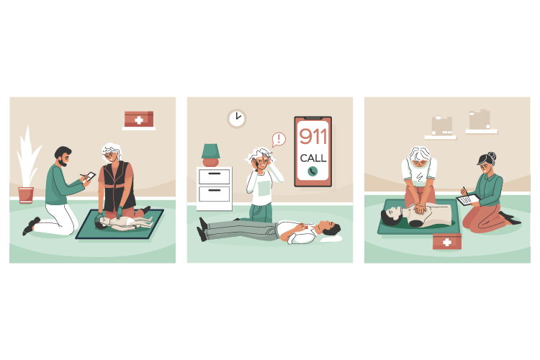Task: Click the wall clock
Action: tap(237, 119)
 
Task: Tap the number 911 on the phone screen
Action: tap(313, 136)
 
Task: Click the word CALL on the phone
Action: tap(313, 158)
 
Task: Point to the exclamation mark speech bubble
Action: tap(279, 140)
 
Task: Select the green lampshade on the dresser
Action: tap(211, 151)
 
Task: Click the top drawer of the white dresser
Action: tap(215, 176)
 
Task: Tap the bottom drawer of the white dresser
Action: tap(215, 194)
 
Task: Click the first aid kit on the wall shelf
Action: tap(139, 120)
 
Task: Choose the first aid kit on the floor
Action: tap(447, 241)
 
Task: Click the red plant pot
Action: tap(26, 194)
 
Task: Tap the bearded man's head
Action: tap(63, 156)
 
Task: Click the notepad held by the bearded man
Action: tap(91, 176)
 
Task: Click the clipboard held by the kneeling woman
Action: tap(468, 200)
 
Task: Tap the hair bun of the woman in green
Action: tap(492, 156)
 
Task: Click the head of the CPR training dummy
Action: tap(392, 216)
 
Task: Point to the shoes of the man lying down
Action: tap(203, 229)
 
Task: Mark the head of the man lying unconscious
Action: tap(330, 228)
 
